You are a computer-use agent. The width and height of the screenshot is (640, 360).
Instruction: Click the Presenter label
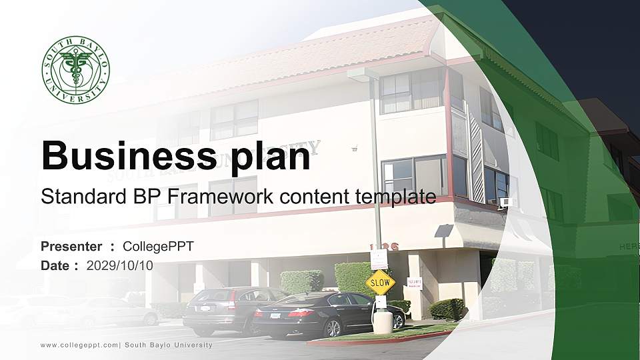coord(71,247)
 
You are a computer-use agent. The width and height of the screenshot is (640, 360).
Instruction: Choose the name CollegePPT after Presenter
coord(159,247)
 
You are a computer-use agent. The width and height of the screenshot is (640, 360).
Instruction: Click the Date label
coord(56,265)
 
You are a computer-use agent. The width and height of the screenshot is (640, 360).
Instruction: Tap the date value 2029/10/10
coord(120,265)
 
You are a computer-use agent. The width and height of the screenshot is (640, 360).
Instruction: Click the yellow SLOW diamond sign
coord(380,283)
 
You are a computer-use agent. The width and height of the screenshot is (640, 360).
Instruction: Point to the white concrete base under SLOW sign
coord(382,323)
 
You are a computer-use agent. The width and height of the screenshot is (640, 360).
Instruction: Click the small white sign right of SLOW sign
coord(414,283)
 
